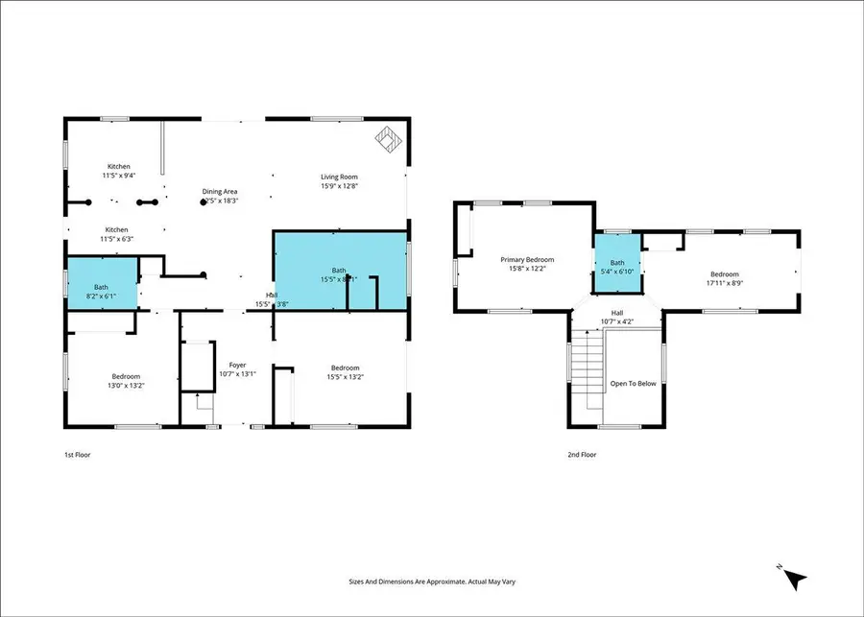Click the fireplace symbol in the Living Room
click(x=389, y=140)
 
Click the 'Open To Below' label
click(x=633, y=384)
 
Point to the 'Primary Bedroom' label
click(x=527, y=259)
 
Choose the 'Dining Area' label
click(x=220, y=192)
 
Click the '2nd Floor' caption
click(x=581, y=455)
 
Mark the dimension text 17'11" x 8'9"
click(x=724, y=282)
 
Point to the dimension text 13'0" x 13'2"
click(x=126, y=385)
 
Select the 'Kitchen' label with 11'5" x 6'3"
click(x=116, y=229)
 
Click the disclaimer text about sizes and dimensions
click(x=432, y=581)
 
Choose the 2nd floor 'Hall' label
click(x=617, y=312)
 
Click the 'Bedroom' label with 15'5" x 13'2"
click(x=345, y=368)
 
